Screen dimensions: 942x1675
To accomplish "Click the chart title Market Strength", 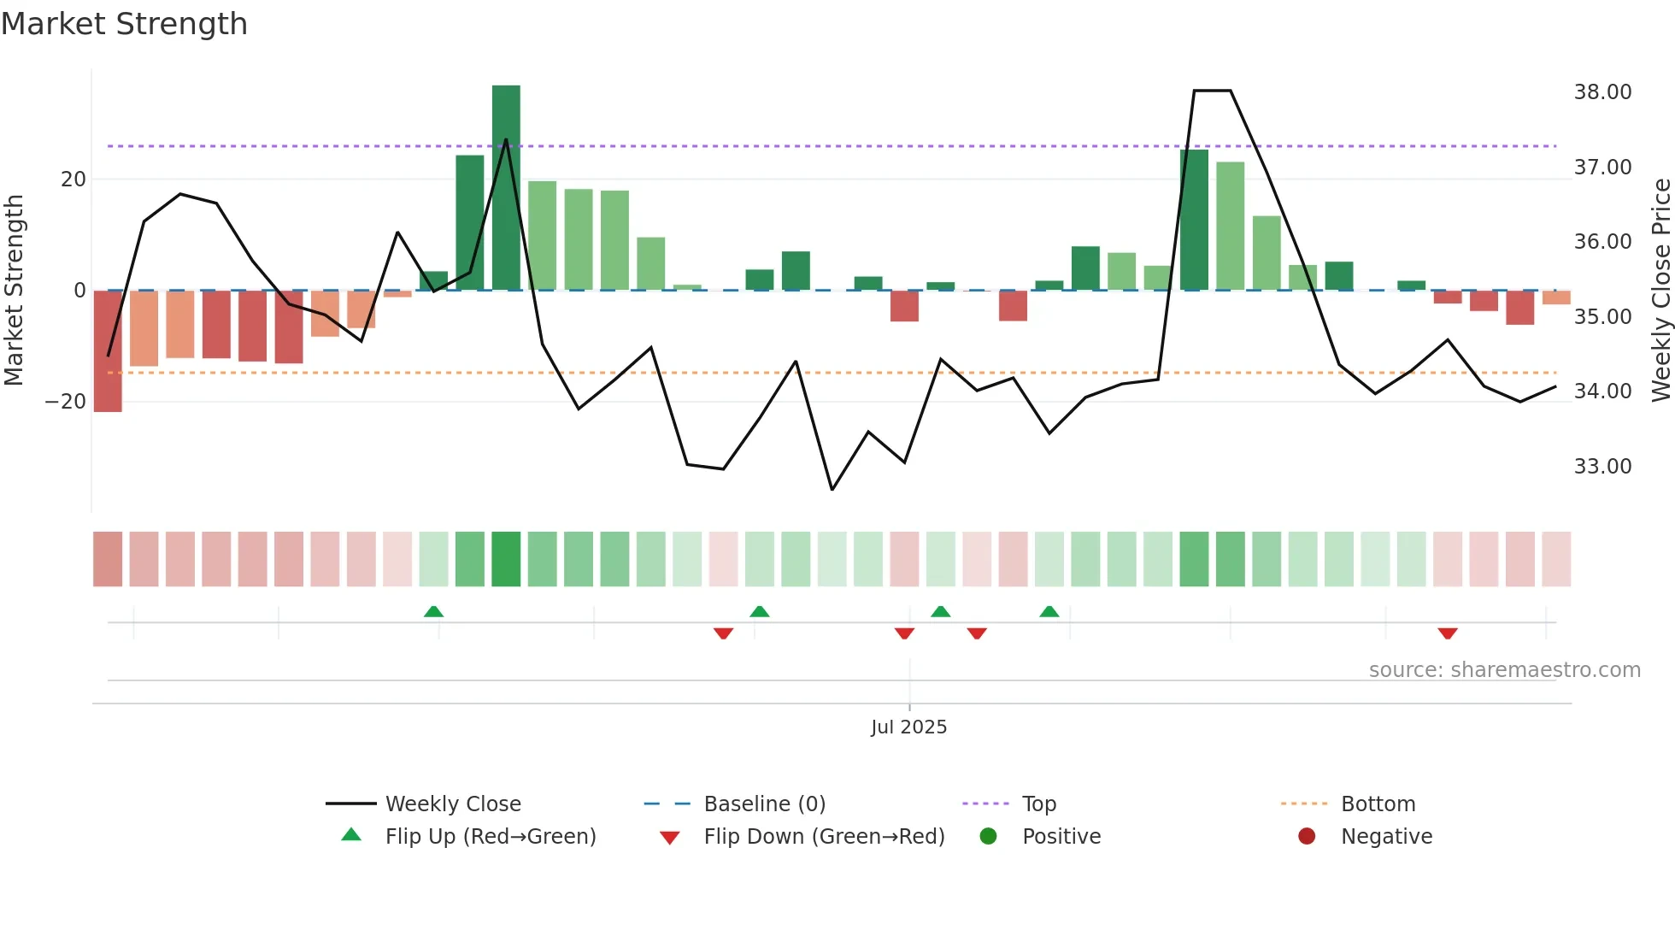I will click(x=124, y=24).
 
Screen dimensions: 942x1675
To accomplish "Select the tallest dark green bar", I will click(x=506, y=188).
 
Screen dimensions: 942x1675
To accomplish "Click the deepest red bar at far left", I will click(x=108, y=350).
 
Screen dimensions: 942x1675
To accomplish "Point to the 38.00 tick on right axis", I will click(x=1602, y=92).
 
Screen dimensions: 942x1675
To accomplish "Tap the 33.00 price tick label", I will click(x=1602, y=467).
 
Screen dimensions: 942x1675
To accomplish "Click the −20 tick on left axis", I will click(x=66, y=402).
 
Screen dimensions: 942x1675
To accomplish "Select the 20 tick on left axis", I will click(x=73, y=180).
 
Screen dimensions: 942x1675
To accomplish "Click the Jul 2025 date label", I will click(x=908, y=727).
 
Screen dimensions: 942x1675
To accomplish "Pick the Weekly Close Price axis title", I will click(x=1660, y=291).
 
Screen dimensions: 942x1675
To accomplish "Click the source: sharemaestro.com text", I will click(x=1504, y=670).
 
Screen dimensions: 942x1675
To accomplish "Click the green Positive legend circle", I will click(x=989, y=837).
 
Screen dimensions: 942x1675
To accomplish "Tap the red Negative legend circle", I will click(x=1307, y=837).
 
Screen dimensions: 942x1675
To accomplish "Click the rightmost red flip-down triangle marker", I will click(x=1448, y=633).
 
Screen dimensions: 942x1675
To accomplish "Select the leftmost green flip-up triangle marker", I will click(x=433, y=611).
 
